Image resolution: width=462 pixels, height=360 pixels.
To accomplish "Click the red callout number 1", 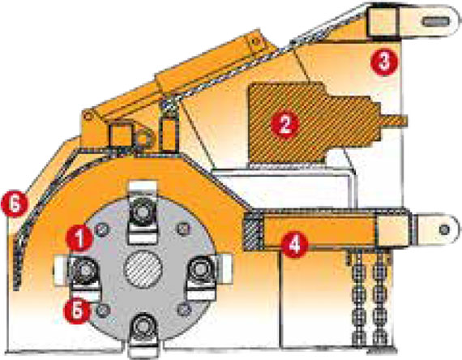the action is click(x=79, y=238).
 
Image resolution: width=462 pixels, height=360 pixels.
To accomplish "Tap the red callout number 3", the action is click(x=384, y=62).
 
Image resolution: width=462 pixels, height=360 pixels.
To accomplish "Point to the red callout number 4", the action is click(x=294, y=244).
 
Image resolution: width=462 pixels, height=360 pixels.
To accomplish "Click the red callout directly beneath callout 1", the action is click(x=78, y=311).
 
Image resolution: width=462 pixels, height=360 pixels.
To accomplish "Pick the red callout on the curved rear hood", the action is click(x=15, y=204).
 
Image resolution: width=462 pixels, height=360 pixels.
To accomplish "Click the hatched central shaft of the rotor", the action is click(x=143, y=269).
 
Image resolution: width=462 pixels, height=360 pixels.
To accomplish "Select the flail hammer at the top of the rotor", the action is click(x=143, y=212).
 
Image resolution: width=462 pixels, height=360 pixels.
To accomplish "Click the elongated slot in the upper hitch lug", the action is click(x=436, y=21).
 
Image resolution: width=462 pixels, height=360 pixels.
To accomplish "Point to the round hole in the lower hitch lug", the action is click(x=444, y=229).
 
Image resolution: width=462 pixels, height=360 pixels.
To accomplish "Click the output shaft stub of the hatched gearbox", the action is click(x=393, y=119).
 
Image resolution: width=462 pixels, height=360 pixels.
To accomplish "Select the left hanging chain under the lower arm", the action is click(x=359, y=296).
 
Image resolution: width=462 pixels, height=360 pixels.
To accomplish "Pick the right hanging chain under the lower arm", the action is click(x=379, y=296).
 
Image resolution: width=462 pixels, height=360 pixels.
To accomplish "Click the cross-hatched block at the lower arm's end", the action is click(x=253, y=231).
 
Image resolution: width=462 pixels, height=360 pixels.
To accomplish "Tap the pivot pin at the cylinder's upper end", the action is click(x=256, y=41).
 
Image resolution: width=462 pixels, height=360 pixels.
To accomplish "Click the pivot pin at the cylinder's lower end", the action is click(x=88, y=116).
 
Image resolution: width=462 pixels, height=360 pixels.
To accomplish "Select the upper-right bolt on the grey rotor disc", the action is click(x=182, y=229).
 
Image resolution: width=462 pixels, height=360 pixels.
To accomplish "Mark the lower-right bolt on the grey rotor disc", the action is click(x=185, y=309).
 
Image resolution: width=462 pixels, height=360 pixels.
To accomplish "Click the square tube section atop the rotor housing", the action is click(x=121, y=135).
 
